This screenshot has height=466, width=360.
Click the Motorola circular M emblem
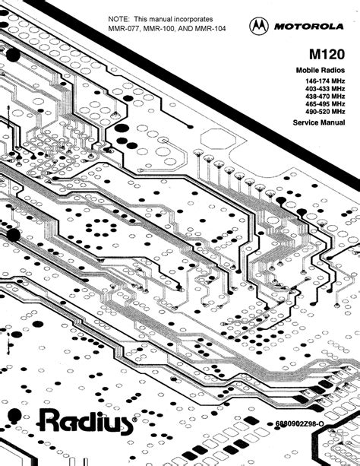click(259, 26)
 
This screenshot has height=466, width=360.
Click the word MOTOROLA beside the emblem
click(308, 27)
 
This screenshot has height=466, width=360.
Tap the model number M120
click(327, 55)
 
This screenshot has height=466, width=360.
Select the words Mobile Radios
click(321, 71)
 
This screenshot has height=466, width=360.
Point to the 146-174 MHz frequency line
click(325, 81)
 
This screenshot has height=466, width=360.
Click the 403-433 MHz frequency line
click(325, 89)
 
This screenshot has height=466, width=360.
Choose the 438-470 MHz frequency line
click(325, 97)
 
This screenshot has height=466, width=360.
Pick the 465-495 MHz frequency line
click(325, 104)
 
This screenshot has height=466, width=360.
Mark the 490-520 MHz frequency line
click(325, 112)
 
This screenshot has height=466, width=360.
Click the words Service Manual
click(319, 122)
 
